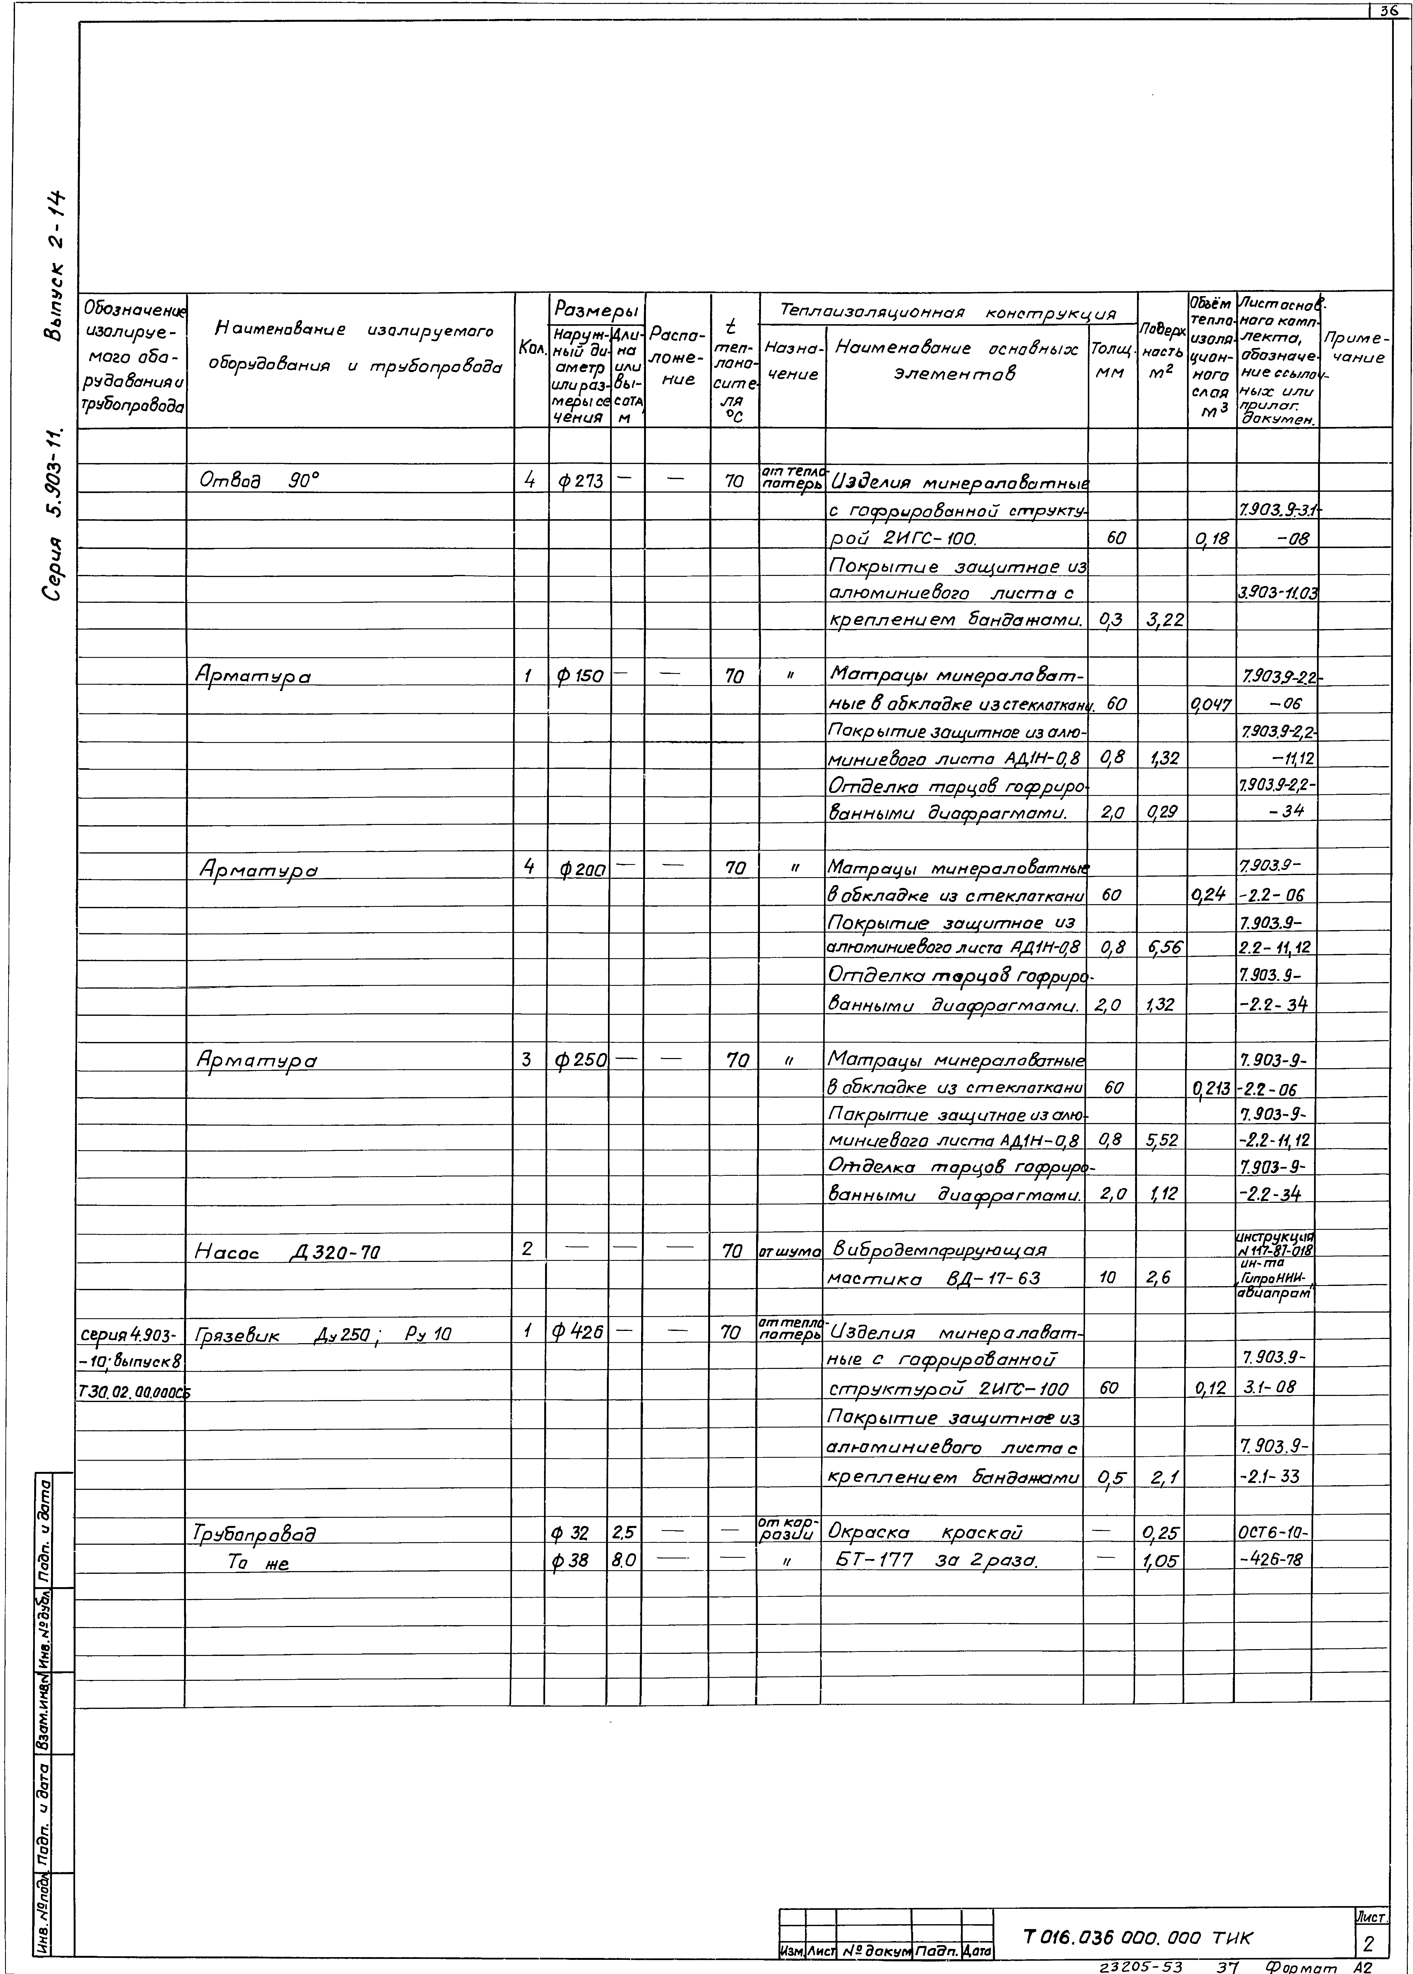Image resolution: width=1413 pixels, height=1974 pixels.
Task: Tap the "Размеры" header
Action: click(596, 309)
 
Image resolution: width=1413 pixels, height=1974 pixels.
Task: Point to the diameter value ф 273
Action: click(580, 479)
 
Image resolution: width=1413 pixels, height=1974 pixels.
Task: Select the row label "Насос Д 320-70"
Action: click(287, 1253)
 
